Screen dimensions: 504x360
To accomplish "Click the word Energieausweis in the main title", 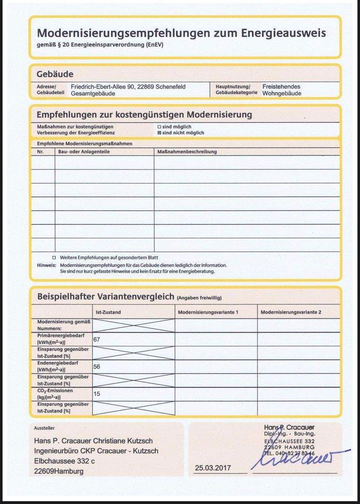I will [284, 33].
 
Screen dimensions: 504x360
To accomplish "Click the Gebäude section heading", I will [55, 74].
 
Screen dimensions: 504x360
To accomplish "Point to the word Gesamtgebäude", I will [93, 93].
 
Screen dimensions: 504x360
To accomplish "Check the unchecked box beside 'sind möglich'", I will [159, 127].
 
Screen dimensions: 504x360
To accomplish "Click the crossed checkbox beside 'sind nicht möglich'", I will [159, 133].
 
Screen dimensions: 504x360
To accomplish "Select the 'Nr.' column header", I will [40, 152].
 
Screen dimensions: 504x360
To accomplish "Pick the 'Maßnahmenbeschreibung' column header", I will [187, 152].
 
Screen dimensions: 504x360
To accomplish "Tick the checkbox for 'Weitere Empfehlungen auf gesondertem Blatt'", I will [54, 258].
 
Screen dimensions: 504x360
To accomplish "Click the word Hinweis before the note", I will [46, 265].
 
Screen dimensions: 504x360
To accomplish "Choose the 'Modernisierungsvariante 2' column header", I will [291, 312].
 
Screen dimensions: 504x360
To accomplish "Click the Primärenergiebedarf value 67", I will [97, 339].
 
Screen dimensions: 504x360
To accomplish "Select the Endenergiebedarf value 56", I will [97, 367].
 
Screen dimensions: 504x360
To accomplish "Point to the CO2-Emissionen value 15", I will [97, 394].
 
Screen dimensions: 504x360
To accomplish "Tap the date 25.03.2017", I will [213, 468].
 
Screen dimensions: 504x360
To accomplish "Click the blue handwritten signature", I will [298, 459].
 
